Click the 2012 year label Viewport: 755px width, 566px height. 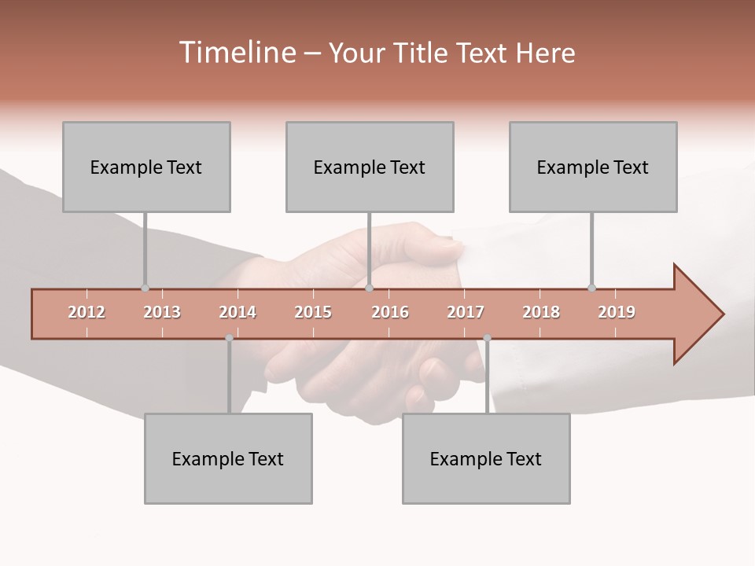[x=87, y=312]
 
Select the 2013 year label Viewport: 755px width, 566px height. [x=162, y=312]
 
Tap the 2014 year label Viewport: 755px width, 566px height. [x=238, y=312]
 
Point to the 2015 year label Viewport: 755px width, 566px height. [x=313, y=312]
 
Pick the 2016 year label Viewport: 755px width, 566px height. [x=390, y=312]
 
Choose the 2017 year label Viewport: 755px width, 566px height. [x=466, y=312]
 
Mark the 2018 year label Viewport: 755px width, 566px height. [x=541, y=312]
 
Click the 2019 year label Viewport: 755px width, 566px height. [x=617, y=312]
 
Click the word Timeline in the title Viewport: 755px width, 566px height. [x=236, y=53]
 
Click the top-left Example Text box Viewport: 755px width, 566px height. [x=146, y=167]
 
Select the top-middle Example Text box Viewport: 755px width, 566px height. [x=370, y=167]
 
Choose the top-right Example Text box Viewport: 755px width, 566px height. [x=593, y=167]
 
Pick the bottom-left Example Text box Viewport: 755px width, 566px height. [x=228, y=458]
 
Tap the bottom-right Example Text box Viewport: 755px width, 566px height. [x=486, y=458]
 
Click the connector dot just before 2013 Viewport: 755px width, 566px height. [x=145, y=289]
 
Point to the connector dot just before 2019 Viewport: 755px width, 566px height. [x=591, y=289]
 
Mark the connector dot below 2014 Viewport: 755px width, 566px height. [x=229, y=338]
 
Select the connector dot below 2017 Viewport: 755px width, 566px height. [x=487, y=338]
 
